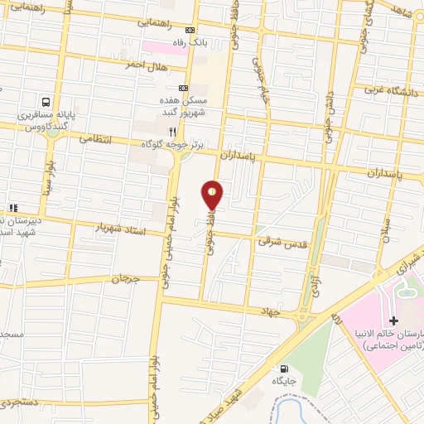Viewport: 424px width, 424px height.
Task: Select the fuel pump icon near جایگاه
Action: click(x=285, y=369)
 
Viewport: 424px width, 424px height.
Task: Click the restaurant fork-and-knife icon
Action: click(x=172, y=131)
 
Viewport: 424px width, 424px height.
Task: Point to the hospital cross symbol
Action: click(x=393, y=320)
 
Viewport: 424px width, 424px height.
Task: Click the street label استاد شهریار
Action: click(x=121, y=226)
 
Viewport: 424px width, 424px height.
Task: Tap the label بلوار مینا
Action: click(x=50, y=192)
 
